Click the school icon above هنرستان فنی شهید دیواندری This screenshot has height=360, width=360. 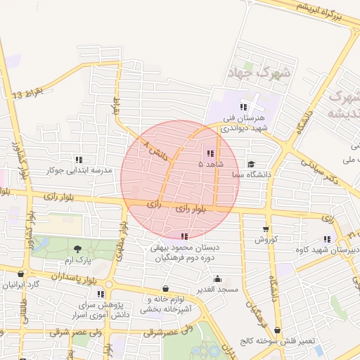point(243,107)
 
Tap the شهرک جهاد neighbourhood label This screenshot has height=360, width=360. point(254,72)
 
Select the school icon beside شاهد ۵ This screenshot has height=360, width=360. point(210,153)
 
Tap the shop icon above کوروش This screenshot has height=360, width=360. point(265,229)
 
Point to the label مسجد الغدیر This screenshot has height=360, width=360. point(218,289)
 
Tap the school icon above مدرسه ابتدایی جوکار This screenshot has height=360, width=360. point(78,160)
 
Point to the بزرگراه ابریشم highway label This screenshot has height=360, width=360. point(320,9)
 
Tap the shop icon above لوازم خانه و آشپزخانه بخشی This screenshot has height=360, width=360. point(165,288)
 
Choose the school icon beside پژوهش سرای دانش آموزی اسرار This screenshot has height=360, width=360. point(101,294)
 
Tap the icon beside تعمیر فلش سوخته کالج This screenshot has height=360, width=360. point(277,330)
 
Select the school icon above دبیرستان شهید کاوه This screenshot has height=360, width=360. point(326,239)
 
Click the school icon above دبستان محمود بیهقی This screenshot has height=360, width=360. point(184,237)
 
